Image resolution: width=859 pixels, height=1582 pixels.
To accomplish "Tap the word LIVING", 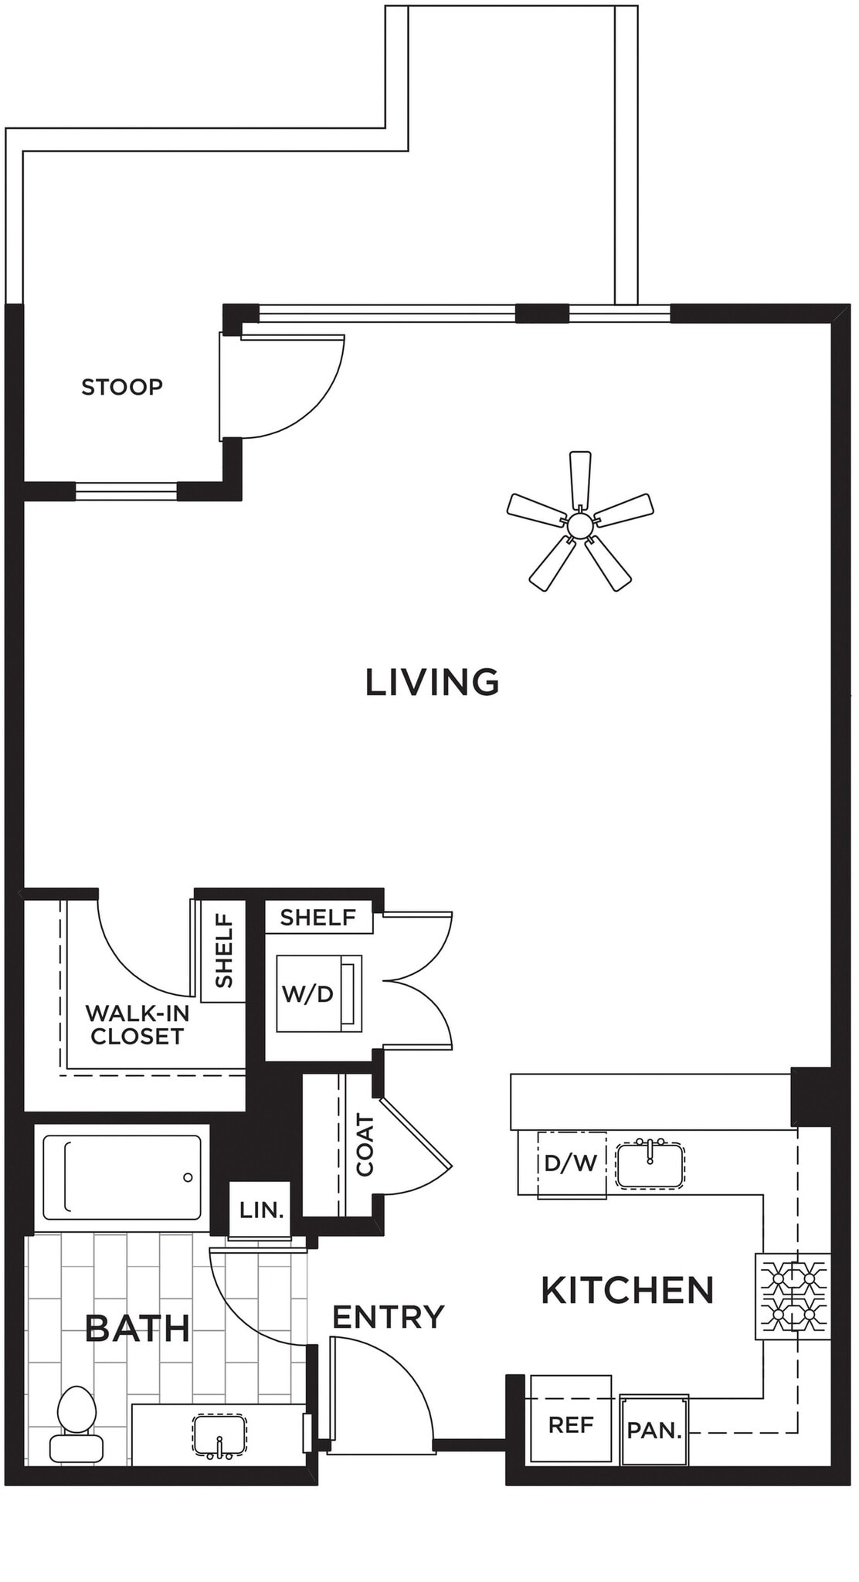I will (x=432, y=682).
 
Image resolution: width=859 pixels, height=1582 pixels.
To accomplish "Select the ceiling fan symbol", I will (x=580, y=525).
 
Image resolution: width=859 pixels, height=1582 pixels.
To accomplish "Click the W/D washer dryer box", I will (x=317, y=993).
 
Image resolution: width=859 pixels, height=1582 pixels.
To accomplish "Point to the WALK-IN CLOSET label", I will (x=138, y=1024).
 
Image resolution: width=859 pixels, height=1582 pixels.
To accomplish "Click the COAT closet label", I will (x=365, y=1145).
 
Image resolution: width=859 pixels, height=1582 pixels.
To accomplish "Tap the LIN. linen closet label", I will (x=261, y=1210).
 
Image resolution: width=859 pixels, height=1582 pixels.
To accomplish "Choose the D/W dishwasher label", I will (x=571, y=1163).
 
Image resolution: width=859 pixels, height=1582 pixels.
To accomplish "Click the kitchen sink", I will (x=650, y=1165).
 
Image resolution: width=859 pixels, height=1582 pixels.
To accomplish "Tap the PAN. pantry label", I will (x=654, y=1431).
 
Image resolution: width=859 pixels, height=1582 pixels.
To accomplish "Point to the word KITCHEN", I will (x=627, y=1291).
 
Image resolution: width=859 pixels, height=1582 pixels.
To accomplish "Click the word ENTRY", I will (x=388, y=1317).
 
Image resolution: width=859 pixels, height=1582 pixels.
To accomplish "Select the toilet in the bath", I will (x=76, y=1422).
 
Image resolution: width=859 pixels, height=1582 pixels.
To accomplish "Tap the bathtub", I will (x=121, y=1177).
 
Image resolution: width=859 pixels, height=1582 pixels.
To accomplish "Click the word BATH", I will (x=138, y=1329).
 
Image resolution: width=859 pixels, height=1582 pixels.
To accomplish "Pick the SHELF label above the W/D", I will (x=317, y=918).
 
